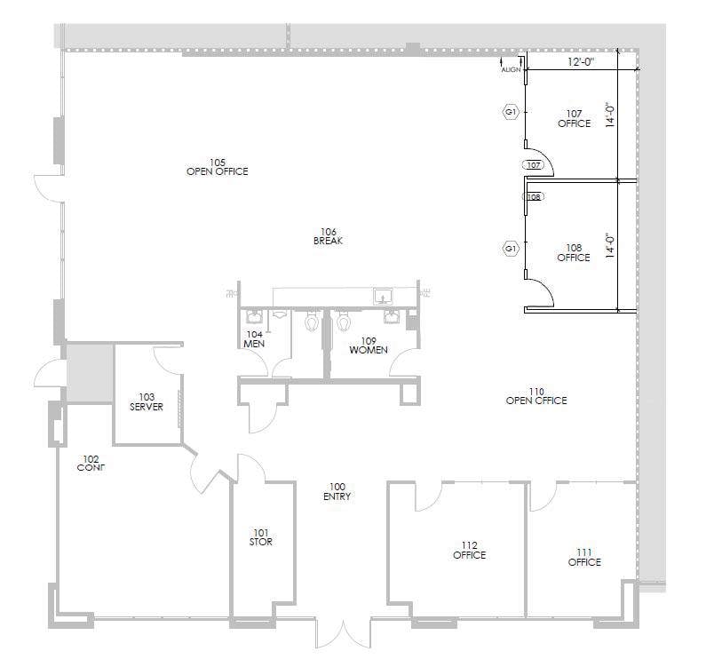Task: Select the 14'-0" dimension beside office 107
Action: (609, 116)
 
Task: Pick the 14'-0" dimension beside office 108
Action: (609, 245)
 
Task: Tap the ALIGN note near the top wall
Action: (511, 68)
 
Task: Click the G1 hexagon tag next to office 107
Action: (511, 112)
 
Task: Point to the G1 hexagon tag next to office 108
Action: (511, 250)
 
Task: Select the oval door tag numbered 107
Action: (534, 165)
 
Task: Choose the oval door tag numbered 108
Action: (534, 196)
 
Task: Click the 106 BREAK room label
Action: (328, 236)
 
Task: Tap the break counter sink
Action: (384, 295)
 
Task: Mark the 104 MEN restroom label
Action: (254, 339)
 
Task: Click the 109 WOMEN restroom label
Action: (369, 345)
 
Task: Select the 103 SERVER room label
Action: (147, 402)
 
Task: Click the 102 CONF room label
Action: (91, 463)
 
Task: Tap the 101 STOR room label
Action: (261, 537)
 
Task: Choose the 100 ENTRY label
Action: (337, 492)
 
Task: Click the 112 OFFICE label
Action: (469, 551)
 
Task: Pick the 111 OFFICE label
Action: (584, 557)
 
